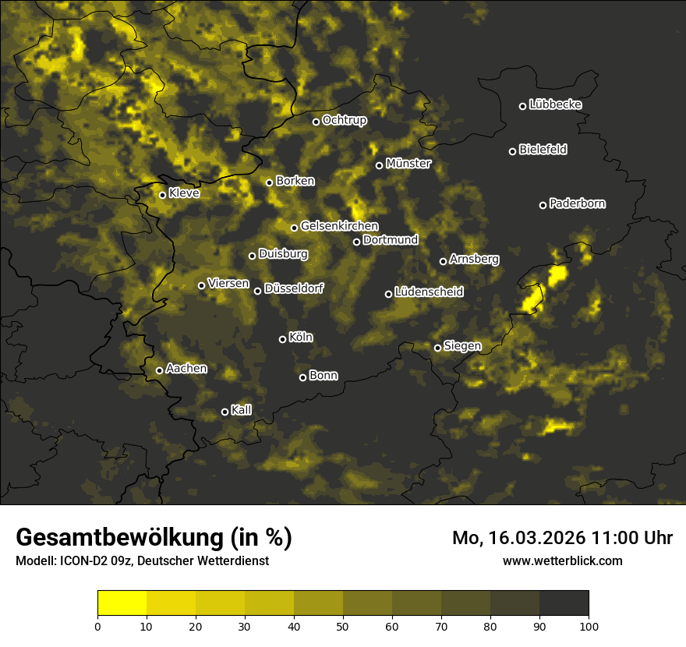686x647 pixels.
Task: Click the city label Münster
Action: point(408,164)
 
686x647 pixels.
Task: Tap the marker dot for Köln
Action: point(283,339)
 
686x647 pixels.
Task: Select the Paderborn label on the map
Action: point(578,203)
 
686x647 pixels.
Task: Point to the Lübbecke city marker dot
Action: point(523,106)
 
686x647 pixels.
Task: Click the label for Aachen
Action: point(186,369)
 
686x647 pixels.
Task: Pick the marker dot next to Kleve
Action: point(163,195)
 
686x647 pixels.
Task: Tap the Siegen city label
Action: point(462,346)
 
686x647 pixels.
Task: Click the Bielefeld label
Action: point(543,150)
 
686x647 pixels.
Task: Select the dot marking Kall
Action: point(225,412)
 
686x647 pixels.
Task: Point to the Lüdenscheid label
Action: point(430,292)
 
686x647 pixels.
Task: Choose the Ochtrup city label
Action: point(345,120)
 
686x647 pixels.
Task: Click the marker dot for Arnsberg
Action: point(444,261)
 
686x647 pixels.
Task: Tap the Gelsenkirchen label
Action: point(339,226)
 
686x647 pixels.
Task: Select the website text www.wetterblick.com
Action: point(563,560)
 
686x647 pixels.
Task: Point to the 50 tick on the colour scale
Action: point(343,626)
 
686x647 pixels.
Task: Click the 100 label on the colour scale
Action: point(589,626)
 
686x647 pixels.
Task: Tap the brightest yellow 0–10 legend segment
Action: point(122,603)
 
